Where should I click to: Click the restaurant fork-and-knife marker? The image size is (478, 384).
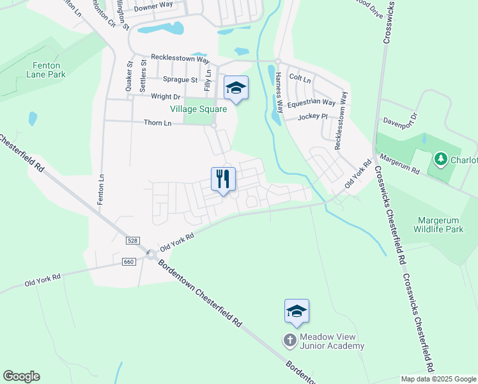coord(223,179)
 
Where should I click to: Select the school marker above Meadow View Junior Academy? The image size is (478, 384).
coord(297,311)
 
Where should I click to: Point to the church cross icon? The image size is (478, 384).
coord(290,340)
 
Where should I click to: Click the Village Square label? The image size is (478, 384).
coord(206,109)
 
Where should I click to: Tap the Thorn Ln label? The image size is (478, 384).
coord(158,122)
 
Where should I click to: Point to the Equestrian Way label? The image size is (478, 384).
coord(311,102)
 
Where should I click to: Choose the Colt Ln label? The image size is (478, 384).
coord(300,79)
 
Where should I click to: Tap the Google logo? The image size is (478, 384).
coord(21,376)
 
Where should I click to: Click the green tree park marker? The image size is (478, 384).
coord(440,158)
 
